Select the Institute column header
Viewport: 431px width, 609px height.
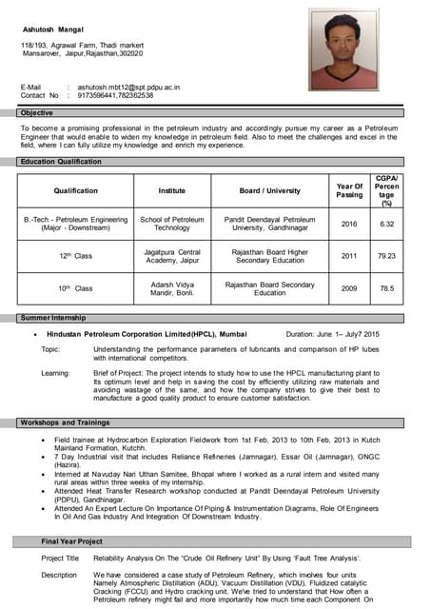[172, 190]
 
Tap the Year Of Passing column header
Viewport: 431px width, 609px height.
[349, 190]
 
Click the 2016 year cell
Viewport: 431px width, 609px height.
[349, 224]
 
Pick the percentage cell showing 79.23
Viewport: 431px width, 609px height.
[386, 255]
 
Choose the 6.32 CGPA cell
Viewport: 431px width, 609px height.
[386, 224]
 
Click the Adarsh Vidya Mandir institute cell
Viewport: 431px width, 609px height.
[172, 288]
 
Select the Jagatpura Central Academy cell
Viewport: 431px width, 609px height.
[172, 255]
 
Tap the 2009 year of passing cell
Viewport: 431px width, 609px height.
[349, 288]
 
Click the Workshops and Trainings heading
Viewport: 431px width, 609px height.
[65, 422]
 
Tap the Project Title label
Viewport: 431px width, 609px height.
[60, 559]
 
